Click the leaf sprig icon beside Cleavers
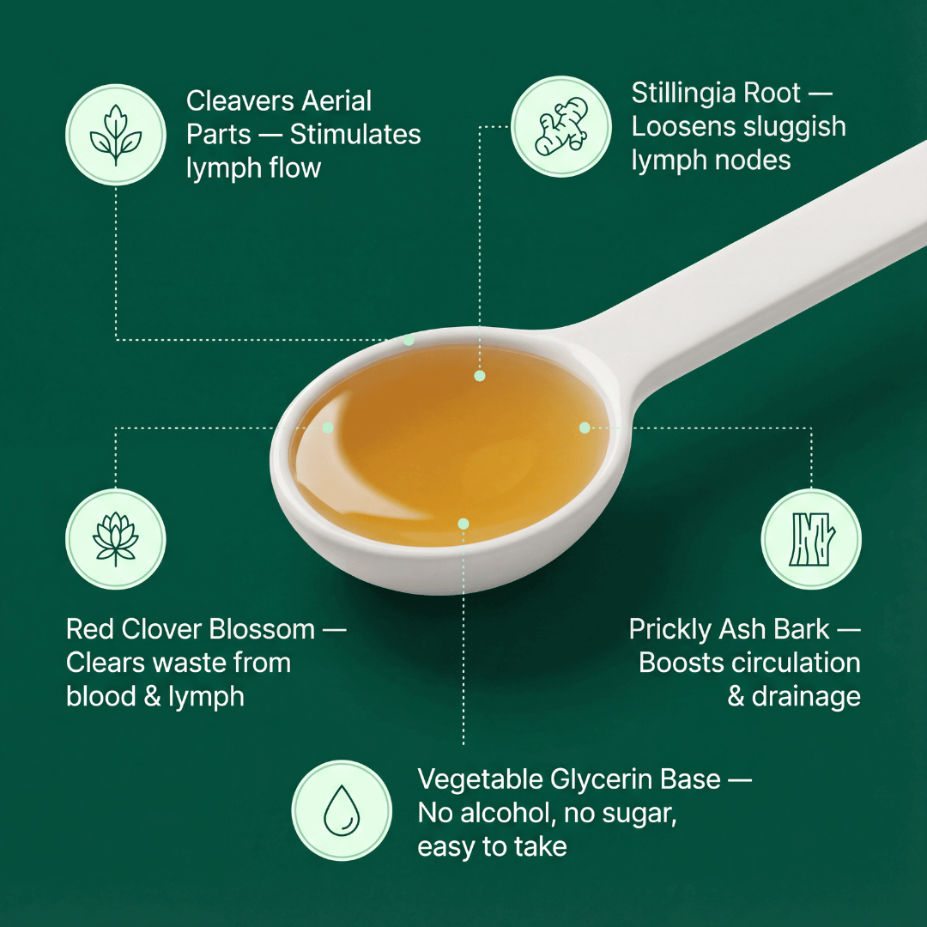click(x=116, y=135)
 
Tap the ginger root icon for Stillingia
click(x=560, y=126)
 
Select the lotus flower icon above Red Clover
click(x=116, y=539)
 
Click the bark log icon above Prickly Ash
click(x=811, y=539)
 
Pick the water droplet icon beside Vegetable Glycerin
click(x=342, y=810)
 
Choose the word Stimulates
click(x=355, y=135)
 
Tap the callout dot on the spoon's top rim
click(x=409, y=340)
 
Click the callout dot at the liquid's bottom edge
click(x=463, y=523)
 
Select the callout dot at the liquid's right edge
click(x=585, y=427)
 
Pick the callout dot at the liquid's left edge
click(x=327, y=427)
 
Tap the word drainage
click(x=806, y=696)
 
